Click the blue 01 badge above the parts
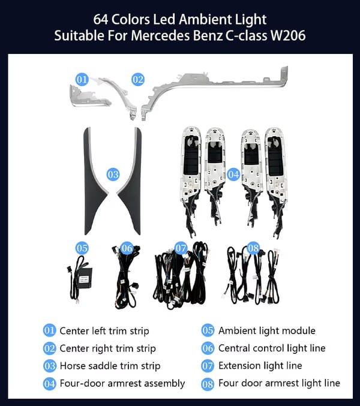(x=82, y=79)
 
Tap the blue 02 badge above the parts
(x=138, y=79)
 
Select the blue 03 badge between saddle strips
(x=113, y=175)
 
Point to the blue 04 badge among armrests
(x=233, y=175)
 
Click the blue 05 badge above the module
(x=82, y=248)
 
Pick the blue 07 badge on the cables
(x=181, y=248)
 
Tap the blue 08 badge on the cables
(x=253, y=248)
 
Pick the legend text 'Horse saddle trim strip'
(x=110, y=365)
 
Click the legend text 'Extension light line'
(x=260, y=365)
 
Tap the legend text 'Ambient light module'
(x=266, y=330)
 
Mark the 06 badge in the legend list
(x=208, y=348)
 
